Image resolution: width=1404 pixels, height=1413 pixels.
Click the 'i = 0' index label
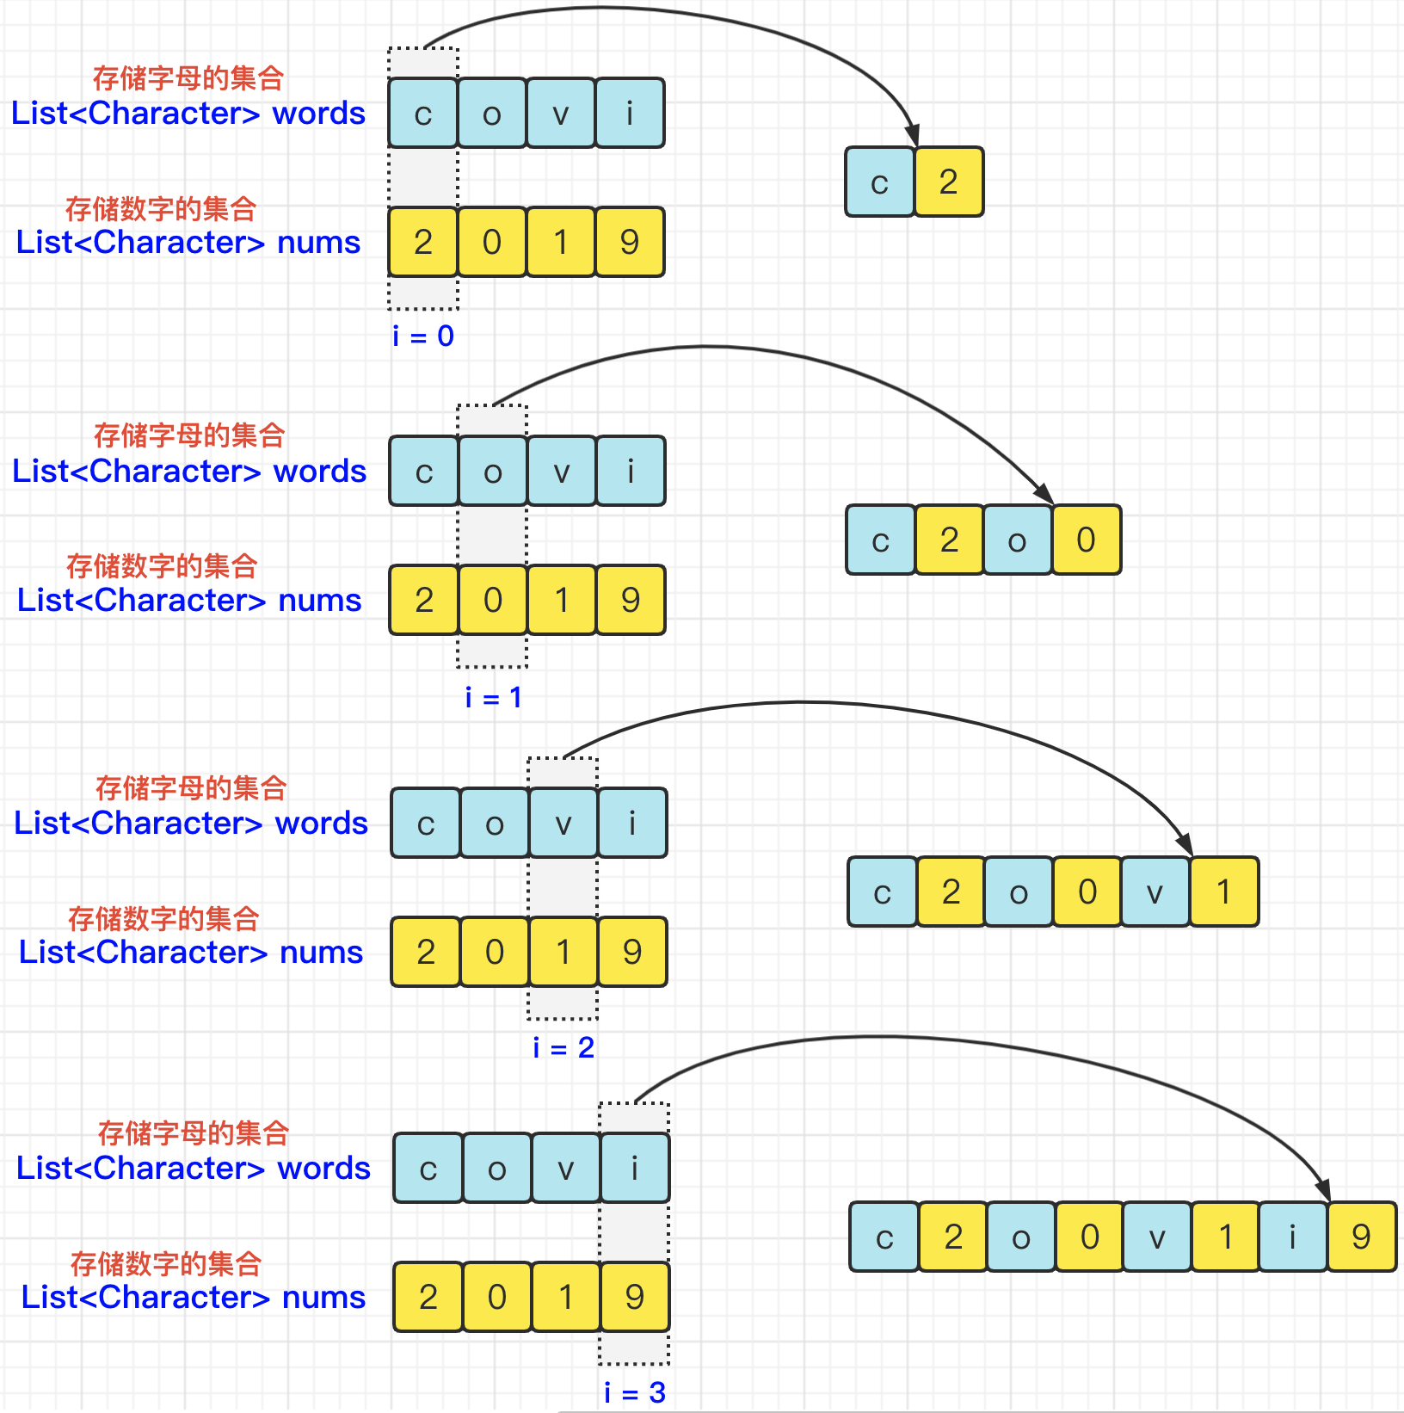(422, 336)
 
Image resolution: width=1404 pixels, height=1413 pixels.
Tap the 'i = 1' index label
(493, 697)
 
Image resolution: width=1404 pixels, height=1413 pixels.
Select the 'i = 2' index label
(563, 1047)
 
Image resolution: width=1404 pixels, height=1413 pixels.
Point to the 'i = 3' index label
(635, 1392)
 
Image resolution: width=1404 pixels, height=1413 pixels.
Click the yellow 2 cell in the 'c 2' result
(949, 182)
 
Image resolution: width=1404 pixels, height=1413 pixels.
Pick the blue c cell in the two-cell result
(879, 182)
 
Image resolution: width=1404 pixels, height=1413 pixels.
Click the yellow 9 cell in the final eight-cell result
(1361, 1237)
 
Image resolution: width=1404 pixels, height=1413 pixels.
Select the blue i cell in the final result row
(1292, 1237)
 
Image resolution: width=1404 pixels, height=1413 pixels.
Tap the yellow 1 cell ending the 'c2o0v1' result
(1223, 892)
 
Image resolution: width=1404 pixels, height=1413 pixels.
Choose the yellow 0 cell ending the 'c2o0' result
(1086, 540)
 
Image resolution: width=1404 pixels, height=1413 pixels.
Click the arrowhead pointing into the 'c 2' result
(914, 136)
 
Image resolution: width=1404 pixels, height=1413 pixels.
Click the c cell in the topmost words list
(422, 113)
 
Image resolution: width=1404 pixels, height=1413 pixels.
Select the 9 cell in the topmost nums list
(630, 242)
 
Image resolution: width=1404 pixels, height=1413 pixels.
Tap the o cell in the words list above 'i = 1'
(493, 471)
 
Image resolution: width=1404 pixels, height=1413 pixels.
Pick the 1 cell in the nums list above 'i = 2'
(563, 952)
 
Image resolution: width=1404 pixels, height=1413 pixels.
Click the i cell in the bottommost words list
(635, 1168)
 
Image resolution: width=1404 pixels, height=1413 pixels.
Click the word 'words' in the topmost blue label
(319, 114)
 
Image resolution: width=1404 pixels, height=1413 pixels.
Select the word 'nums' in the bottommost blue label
(323, 1297)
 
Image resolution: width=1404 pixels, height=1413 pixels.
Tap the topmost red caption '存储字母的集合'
(188, 78)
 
